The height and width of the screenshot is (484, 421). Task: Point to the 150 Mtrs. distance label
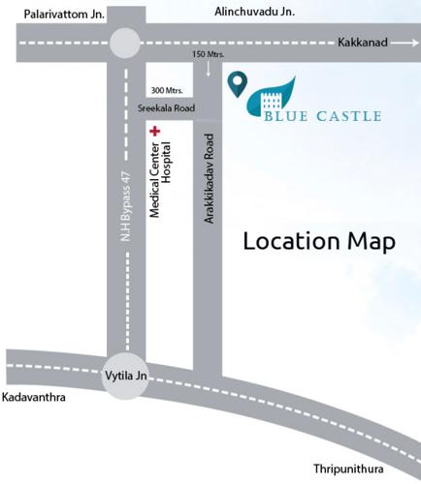(x=209, y=54)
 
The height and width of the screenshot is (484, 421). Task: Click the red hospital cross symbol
(x=153, y=129)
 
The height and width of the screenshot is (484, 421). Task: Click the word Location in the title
(x=289, y=242)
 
